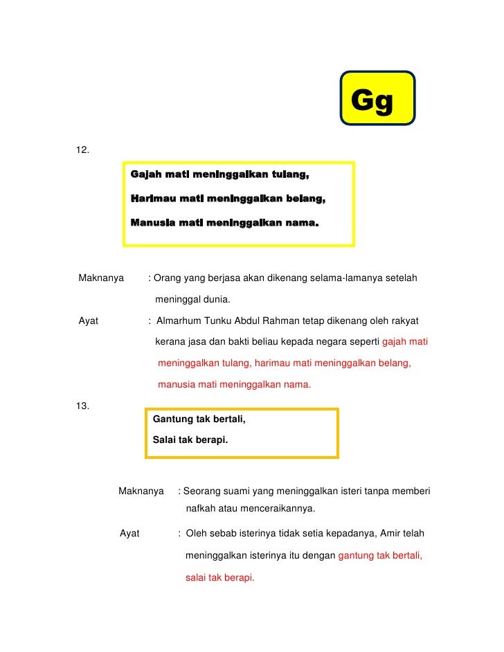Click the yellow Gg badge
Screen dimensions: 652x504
[377, 98]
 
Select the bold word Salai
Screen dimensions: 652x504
[164, 440]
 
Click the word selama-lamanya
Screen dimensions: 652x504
[319, 279]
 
